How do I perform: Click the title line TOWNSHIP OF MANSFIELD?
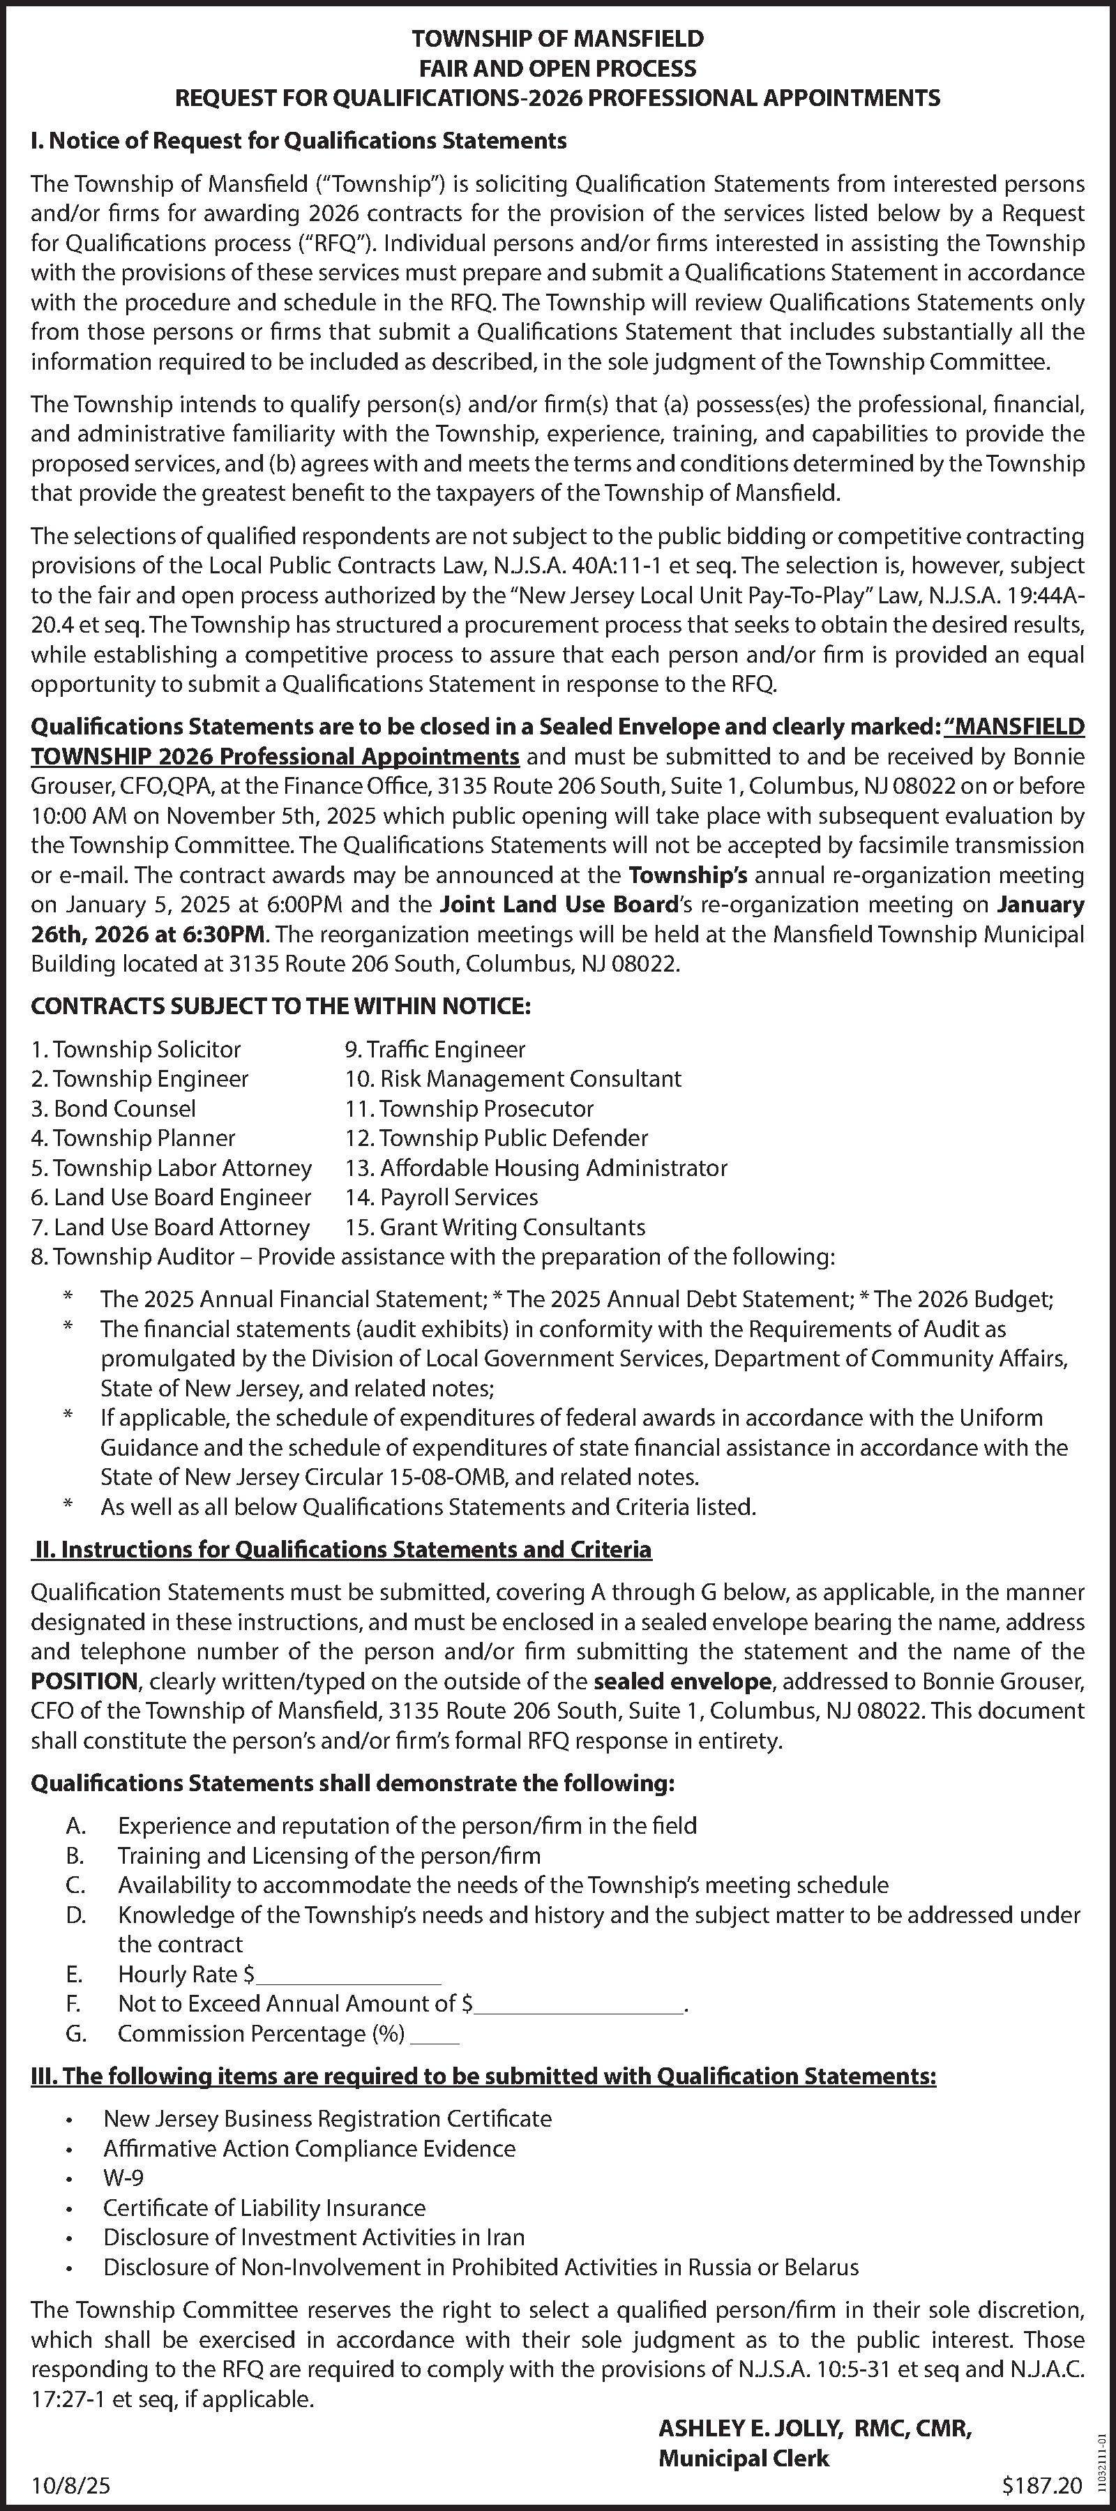click(x=557, y=39)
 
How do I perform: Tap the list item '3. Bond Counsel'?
click(x=113, y=1108)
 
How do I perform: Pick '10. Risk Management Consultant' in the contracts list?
click(x=513, y=1078)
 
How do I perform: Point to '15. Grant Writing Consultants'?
click(x=495, y=1226)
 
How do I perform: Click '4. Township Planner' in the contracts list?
click(x=133, y=1138)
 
